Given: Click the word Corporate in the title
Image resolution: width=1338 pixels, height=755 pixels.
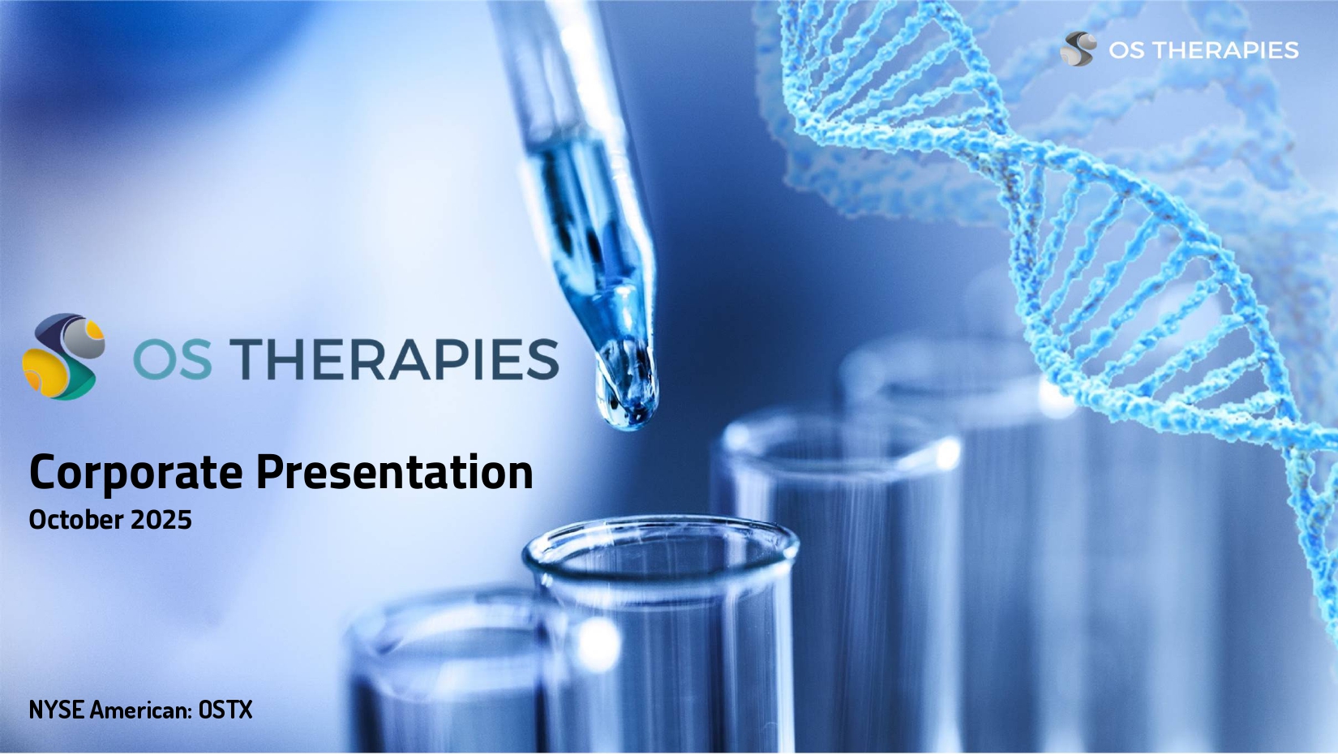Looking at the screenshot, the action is point(136,473).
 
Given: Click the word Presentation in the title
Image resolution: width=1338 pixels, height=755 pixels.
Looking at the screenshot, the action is point(395,472).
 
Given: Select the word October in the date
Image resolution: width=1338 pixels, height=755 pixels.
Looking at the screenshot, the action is point(76,520).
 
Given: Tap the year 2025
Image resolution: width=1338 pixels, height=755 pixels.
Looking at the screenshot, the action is point(161,520).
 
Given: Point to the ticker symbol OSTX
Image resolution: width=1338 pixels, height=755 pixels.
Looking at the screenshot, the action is point(225,710).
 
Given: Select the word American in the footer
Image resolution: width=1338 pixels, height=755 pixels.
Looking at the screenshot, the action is point(140,710).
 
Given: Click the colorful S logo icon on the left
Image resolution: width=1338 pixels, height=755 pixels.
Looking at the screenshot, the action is point(63,357).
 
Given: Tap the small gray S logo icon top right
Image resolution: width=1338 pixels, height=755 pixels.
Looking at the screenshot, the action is point(1079,49).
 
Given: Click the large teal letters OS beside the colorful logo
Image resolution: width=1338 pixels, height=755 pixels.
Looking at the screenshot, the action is point(173,359).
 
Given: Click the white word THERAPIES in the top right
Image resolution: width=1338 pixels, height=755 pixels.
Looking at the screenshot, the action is point(1227,50).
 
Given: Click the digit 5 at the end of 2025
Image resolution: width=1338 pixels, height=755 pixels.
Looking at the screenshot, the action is point(184,520).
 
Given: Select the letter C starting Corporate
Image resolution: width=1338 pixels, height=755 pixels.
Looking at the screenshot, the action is point(43,473).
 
